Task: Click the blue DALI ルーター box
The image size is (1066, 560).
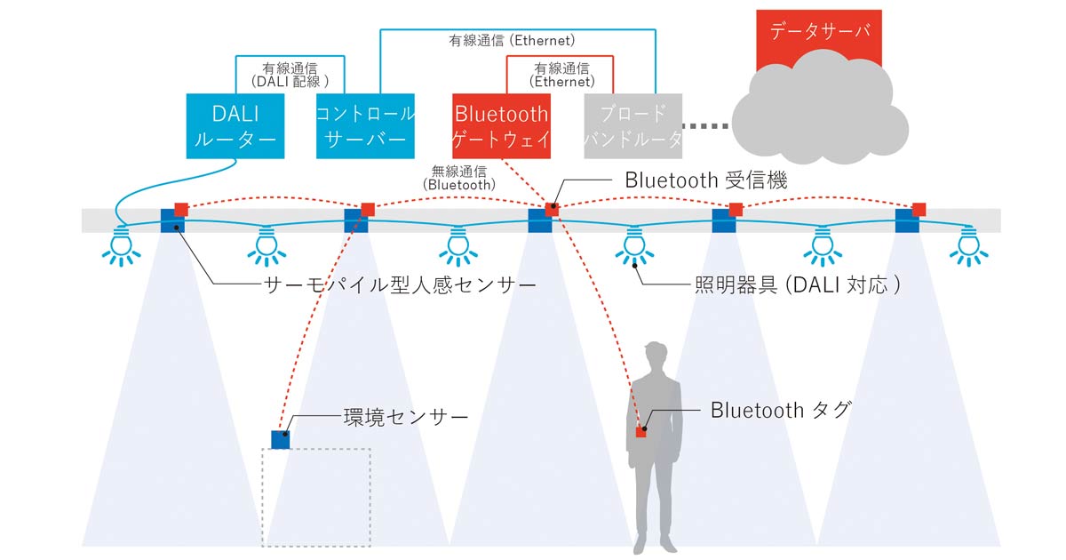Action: [x=235, y=125]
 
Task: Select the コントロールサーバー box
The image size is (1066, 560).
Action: [x=365, y=125]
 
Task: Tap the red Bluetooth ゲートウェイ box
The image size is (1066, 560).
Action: [x=501, y=125]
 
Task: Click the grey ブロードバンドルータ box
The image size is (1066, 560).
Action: [x=632, y=125]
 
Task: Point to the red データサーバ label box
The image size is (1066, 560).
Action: [x=818, y=34]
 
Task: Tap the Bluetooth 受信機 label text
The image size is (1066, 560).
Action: [x=705, y=180]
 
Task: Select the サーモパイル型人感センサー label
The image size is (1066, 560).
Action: [x=400, y=285]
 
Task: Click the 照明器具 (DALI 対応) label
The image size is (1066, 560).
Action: [x=798, y=284]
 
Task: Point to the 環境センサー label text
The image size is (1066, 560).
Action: [x=406, y=418]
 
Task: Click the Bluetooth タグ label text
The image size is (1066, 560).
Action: [x=781, y=410]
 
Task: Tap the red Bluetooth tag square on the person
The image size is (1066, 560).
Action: [x=640, y=432]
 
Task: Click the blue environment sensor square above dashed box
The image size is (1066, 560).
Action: [x=281, y=439]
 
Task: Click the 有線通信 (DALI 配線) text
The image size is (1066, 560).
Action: [x=290, y=76]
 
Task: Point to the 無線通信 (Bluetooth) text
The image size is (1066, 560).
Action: [x=458, y=178]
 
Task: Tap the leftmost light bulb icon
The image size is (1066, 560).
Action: [x=122, y=246]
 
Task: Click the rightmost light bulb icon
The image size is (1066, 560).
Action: [x=969, y=246]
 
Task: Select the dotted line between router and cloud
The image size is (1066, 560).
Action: [x=705, y=126]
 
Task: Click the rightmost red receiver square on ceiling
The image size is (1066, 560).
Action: [x=919, y=210]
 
